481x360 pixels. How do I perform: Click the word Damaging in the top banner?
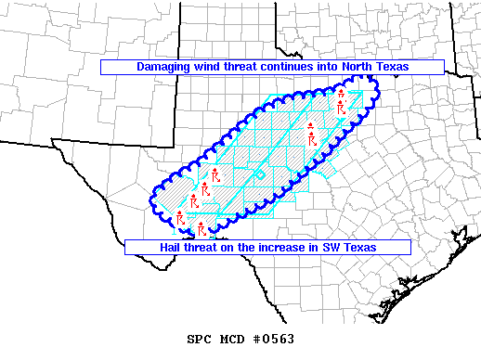[164, 68]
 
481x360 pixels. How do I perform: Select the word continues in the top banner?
[297, 68]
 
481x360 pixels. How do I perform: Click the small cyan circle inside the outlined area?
[260, 174]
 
